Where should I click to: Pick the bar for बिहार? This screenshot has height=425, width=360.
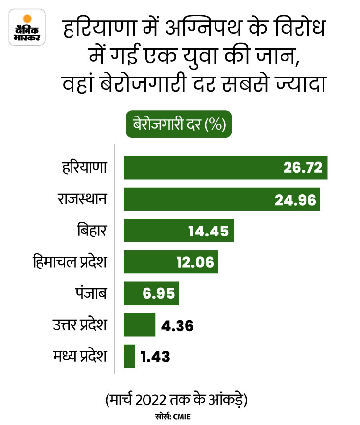tap(153, 231)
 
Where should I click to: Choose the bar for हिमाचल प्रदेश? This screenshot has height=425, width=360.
tap(148, 262)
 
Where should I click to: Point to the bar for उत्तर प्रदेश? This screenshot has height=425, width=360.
tap(139, 325)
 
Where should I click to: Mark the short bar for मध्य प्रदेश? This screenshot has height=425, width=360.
tap(129, 356)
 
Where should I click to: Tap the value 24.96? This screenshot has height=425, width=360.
tap(294, 199)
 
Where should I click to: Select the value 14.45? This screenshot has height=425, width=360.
tap(209, 231)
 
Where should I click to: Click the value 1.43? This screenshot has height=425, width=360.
tap(155, 357)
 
